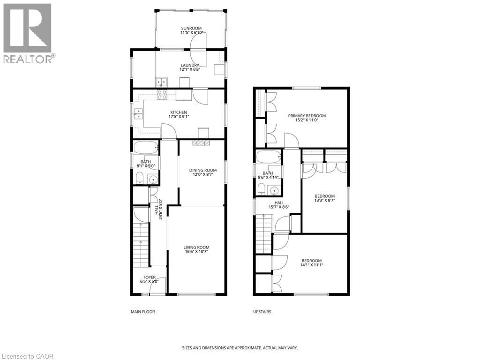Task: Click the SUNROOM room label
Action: pos(191,28)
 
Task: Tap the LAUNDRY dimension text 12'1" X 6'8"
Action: pos(190,69)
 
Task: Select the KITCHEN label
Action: pos(179,112)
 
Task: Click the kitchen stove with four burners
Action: pos(162,95)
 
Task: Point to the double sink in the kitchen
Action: pos(138,113)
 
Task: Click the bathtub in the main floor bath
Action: pos(146,147)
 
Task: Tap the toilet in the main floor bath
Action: pos(140,178)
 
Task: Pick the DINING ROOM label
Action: pos(202,170)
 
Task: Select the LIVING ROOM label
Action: pos(196,247)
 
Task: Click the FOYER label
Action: pos(150,277)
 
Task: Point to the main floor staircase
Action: pos(141,245)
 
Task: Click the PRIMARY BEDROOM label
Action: pos(307,116)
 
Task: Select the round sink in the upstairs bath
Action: pos(275,191)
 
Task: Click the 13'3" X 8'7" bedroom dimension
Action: pos(325,201)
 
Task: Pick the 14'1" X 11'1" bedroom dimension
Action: pos(312,265)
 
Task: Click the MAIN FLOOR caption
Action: pos(143,312)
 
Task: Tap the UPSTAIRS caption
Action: pos(262,312)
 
